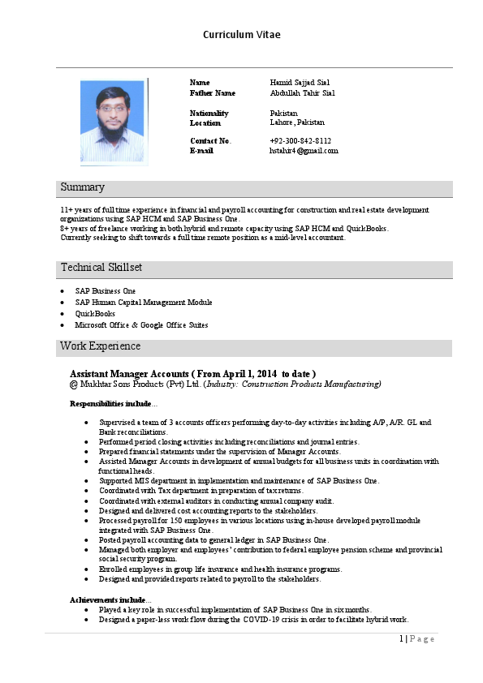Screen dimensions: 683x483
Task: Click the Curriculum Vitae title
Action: [242, 35]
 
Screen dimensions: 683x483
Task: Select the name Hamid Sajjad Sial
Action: [300, 83]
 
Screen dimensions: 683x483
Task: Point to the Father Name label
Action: [212, 93]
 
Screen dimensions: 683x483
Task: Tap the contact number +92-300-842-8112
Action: [300, 140]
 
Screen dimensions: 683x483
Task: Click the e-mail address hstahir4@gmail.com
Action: [304, 151]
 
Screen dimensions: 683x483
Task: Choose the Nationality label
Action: [209, 113]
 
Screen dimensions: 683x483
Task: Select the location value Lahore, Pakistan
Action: [297, 122]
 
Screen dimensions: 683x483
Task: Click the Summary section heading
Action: [82, 187]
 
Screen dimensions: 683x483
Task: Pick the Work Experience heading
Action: [100, 346]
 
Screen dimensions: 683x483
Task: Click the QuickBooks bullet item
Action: [95, 314]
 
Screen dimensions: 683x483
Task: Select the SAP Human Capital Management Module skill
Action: [144, 303]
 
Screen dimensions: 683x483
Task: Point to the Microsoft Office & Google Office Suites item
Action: [141, 325]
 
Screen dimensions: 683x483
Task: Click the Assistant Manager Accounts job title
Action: [192, 372]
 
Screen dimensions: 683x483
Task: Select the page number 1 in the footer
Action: [401, 638]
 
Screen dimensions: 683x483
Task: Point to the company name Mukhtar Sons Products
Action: [127, 384]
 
